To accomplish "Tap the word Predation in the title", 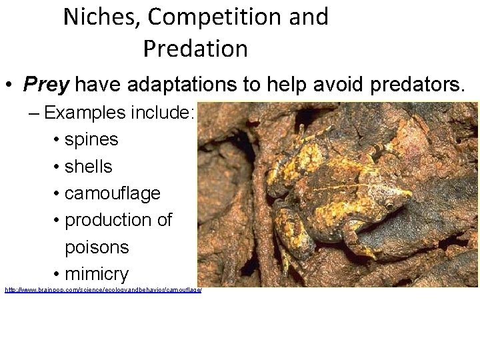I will [195, 49].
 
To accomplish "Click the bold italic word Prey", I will [47, 85].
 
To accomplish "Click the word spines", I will [91, 140].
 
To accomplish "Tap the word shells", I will [89, 167].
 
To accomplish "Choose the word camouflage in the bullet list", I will [113, 193].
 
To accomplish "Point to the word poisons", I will [97, 247].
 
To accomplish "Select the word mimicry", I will [97, 274].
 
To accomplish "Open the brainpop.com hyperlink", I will [103, 291].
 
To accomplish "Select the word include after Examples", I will [165, 112].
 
